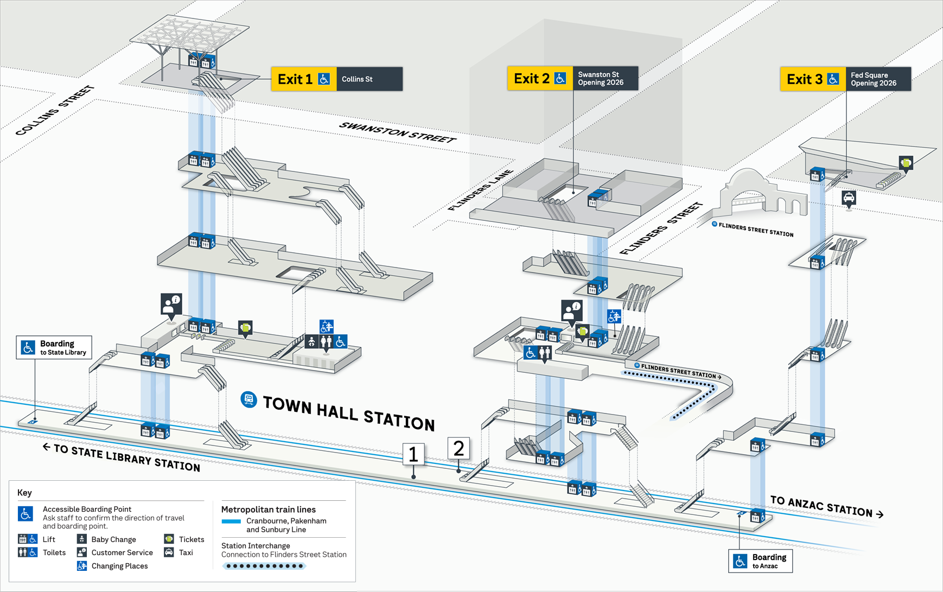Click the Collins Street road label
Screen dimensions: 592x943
pos(54,111)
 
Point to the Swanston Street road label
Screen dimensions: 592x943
pos(397,132)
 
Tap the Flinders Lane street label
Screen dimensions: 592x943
pos(481,190)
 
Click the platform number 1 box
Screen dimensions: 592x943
pos(413,454)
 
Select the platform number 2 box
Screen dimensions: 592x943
pos(458,449)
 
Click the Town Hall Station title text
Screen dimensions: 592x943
pos(348,413)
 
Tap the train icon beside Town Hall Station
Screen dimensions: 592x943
pos(249,400)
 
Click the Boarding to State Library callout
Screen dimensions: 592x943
pos(54,347)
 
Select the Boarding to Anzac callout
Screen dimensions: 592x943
pos(760,561)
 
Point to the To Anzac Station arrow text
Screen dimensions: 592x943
pos(826,507)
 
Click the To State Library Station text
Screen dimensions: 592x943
pos(122,457)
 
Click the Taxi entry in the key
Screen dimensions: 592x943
pos(179,552)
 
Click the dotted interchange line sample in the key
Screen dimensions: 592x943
pos(264,566)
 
